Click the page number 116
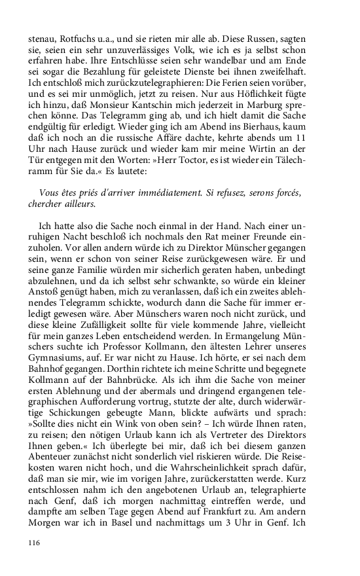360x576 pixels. click(35, 543)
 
